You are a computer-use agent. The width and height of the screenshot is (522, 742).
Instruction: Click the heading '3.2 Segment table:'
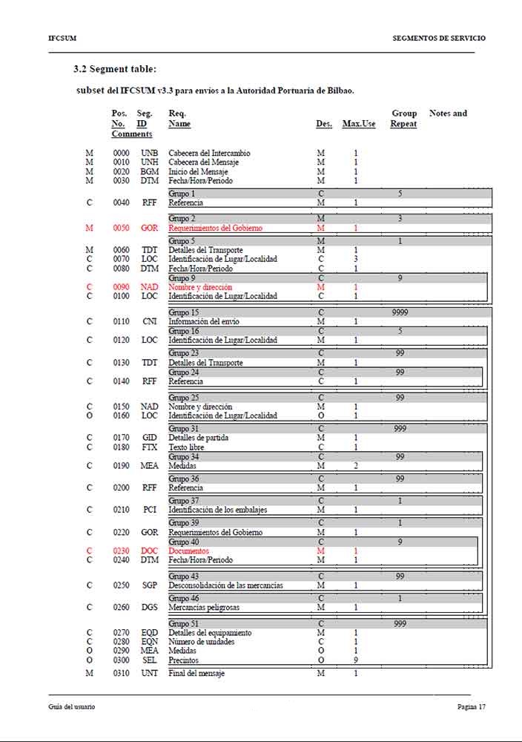point(115,69)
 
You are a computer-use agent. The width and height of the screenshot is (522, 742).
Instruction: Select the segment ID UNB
point(150,153)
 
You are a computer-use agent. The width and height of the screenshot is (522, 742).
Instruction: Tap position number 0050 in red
point(121,229)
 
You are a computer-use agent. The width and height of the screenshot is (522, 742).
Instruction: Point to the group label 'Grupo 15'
point(184,312)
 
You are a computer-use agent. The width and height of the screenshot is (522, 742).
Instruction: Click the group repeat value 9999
point(400,312)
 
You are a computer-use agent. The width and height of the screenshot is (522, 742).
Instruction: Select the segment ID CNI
point(150,322)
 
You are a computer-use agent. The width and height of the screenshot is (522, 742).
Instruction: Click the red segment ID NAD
point(150,287)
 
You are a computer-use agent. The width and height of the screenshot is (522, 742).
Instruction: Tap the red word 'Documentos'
point(188,551)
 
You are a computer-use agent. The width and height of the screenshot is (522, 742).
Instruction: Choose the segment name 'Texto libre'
point(188,447)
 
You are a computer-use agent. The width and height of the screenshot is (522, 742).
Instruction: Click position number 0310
point(121,673)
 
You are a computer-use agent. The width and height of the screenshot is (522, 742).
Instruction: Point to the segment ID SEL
point(150,660)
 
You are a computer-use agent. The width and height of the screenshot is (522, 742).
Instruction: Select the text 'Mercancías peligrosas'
point(204,608)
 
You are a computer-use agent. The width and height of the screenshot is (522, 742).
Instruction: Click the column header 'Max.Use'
point(359,124)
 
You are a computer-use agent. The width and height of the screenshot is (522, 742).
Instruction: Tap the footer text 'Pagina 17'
point(471,707)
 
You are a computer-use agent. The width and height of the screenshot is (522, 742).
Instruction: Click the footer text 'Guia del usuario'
point(67,707)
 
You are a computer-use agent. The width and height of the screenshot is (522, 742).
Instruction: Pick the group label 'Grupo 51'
point(184,624)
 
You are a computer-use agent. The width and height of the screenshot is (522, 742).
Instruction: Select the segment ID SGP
point(150,585)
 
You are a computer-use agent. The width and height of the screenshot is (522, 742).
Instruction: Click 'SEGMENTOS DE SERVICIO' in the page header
point(439,38)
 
